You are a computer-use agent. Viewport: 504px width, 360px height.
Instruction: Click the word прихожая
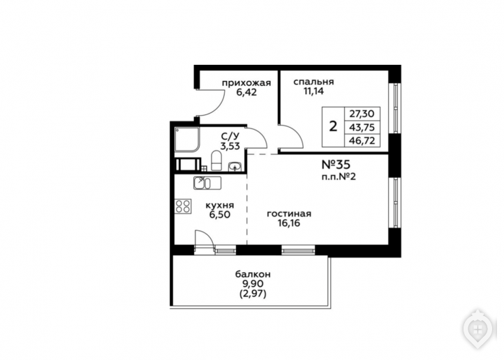(x=246, y=83)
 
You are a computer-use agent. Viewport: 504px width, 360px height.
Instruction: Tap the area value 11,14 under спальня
(x=313, y=91)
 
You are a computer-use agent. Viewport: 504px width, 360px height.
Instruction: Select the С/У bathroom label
(x=230, y=137)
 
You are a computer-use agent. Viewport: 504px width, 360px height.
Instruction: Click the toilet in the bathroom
(x=216, y=160)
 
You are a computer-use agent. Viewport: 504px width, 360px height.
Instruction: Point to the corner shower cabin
(x=188, y=140)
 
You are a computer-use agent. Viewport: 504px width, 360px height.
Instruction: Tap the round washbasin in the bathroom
(x=235, y=166)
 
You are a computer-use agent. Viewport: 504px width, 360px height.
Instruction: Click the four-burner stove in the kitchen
(x=183, y=206)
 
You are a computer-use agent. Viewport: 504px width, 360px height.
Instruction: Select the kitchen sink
(x=207, y=183)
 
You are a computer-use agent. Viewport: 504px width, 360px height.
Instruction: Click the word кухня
(x=219, y=205)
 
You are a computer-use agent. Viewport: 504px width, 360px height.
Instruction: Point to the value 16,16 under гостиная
(x=289, y=223)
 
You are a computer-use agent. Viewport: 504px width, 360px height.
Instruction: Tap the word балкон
(x=253, y=275)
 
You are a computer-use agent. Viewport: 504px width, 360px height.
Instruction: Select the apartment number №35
(x=336, y=165)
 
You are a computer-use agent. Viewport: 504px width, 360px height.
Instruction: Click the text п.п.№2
(x=339, y=177)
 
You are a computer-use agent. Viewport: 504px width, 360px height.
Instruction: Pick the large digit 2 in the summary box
(x=333, y=126)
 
